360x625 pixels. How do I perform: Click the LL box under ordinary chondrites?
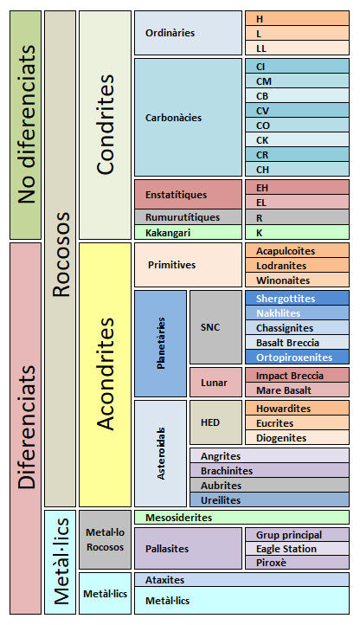click(x=297, y=48)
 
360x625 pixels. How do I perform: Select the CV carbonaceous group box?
click(x=297, y=111)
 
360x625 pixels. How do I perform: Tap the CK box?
click(x=297, y=140)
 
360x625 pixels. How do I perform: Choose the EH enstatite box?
click(x=297, y=187)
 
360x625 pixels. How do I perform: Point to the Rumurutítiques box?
click(x=188, y=217)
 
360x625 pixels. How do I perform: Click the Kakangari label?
click(x=168, y=233)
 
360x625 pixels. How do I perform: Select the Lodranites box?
click(x=297, y=266)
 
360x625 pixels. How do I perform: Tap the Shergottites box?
click(x=297, y=298)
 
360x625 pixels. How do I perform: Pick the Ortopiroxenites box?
click(x=297, y=358)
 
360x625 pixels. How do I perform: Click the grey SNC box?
click(x=215, y=327)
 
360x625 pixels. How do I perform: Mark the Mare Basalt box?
click(x=297, y=390)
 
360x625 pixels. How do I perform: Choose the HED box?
click(x=215, y=422)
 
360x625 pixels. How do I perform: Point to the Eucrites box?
click(x=297, y=423)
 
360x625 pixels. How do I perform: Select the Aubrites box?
click(x=269, y=485)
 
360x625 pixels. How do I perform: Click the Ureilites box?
click(x=269, y=499)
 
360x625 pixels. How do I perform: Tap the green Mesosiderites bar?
click(x=241, y=518)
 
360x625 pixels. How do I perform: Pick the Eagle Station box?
click(x=297, y=549)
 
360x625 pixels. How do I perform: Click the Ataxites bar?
click(x=241, y=580)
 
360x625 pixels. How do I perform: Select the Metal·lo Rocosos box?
click(x=106, y=539)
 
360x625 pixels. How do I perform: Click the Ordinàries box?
click(x=188, y=33)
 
